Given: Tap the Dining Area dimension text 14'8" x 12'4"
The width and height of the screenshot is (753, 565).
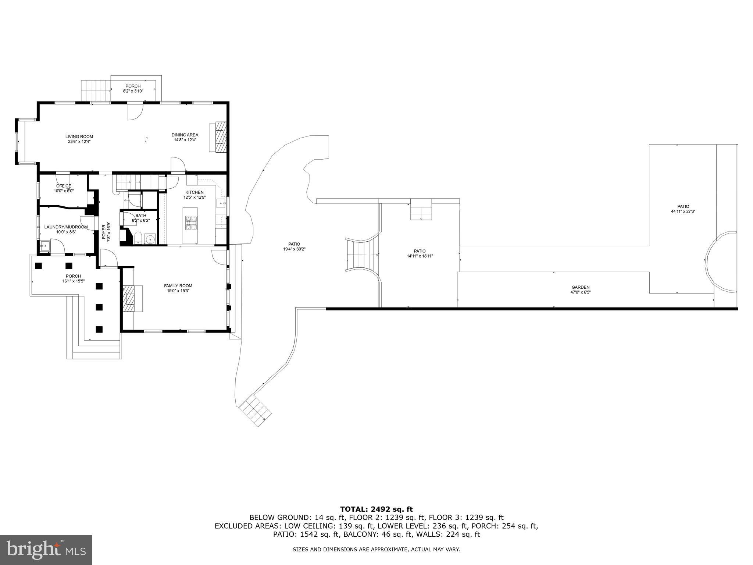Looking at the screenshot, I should (x=185, y=140).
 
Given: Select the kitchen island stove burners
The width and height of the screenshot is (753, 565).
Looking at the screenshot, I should (x=190, y=223).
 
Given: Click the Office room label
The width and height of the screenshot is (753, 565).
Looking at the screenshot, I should (x=64, y=186).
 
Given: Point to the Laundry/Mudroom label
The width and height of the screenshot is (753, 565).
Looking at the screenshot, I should (x=66, y=227).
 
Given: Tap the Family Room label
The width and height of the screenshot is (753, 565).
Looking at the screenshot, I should (x=178, y=285).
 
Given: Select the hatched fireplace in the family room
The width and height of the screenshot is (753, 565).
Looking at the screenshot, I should (x=129, y=298).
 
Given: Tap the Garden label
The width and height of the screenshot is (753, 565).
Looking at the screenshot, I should (x=580, y=287).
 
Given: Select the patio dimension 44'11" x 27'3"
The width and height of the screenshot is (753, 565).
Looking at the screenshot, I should (x=683, y=212).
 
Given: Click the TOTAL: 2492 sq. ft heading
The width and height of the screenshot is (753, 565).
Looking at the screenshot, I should (x=376, y=509).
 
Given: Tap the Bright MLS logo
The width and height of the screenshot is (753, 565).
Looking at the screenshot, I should (x=46, y=550).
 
